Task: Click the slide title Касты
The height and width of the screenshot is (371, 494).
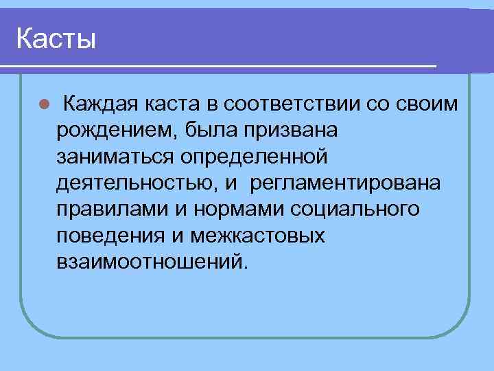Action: click(x=56, y=38)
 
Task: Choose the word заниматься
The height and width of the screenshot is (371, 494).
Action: click(x=114, y=157)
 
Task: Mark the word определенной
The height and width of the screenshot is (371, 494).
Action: click(x=252, y=157)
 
